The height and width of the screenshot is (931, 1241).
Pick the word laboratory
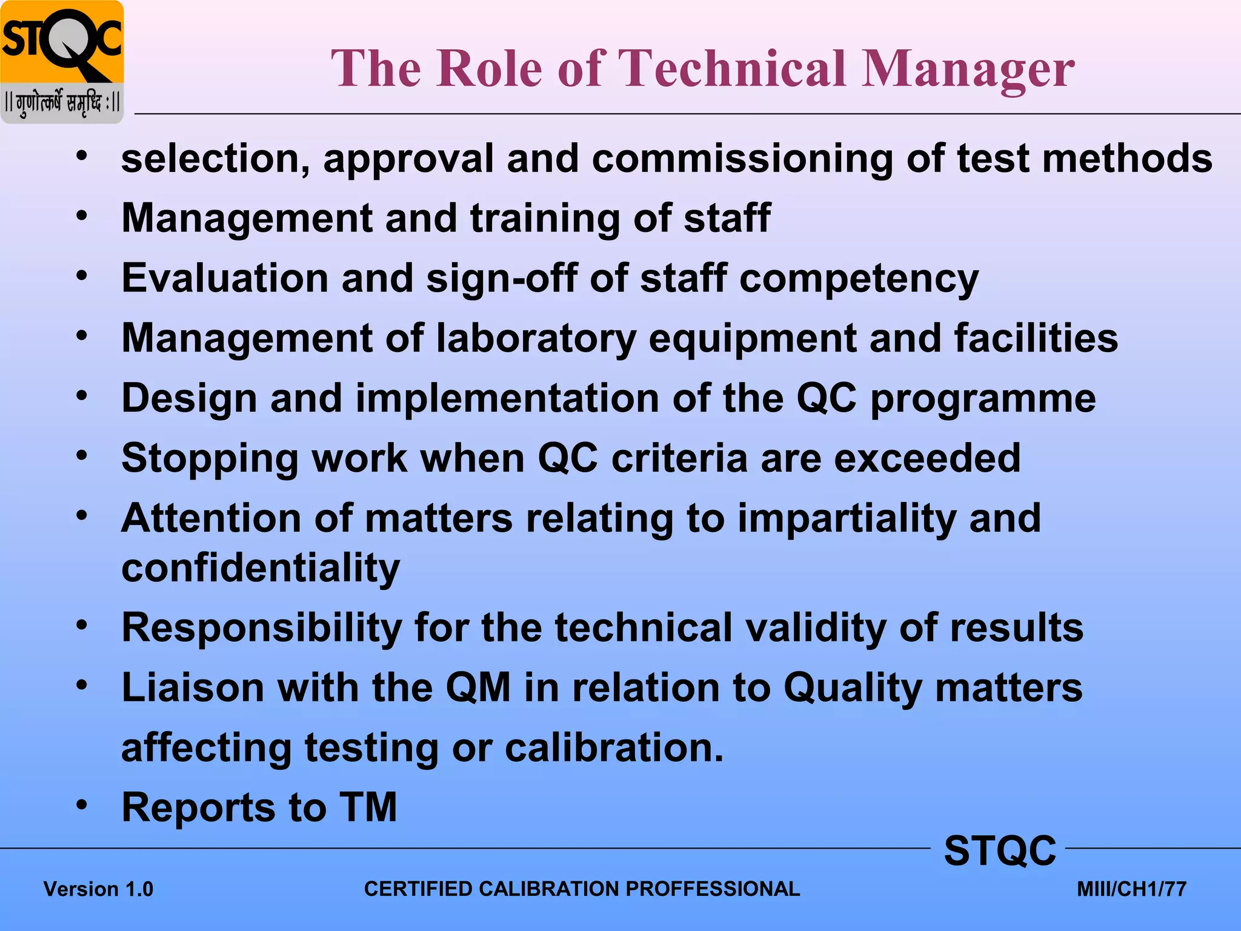[x=536, y=338]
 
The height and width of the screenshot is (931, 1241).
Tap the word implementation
[x=507, y=398]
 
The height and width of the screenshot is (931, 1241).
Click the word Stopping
[x=210, y=459]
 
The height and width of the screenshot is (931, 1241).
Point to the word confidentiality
[x=261, y=568]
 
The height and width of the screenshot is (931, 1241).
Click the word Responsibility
[x=262, y=628]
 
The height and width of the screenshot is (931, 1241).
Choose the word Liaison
[x=193, y=688]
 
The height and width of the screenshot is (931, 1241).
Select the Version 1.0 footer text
[x=98, y=889]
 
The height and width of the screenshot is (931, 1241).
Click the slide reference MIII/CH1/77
[x=1131, y=889]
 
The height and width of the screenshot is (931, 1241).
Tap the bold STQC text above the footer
[x=1000, y=850]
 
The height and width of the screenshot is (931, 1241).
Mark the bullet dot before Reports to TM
[x=82, y=806]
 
